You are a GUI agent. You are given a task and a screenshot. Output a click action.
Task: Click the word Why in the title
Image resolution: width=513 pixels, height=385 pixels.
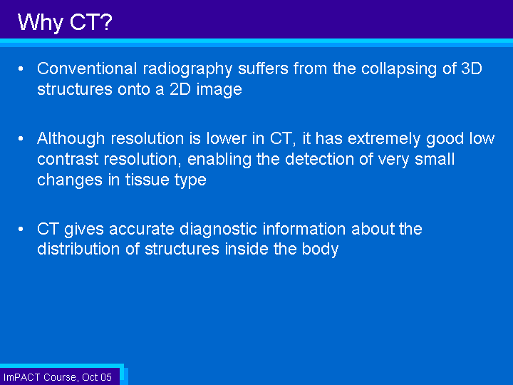click(x=40, y=23)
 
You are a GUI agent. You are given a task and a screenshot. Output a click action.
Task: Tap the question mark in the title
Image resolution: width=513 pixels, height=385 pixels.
click(x=106, y=22)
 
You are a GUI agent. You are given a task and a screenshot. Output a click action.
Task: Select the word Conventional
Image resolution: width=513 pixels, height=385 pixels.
click(x=87, y=68)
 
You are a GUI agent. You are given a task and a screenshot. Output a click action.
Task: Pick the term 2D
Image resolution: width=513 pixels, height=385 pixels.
click(x=180, y=89)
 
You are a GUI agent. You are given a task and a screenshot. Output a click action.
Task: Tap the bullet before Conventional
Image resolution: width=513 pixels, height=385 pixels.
click(x=21, y=68)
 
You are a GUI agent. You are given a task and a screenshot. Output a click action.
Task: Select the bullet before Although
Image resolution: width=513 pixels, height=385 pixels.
click(x=21, y=138)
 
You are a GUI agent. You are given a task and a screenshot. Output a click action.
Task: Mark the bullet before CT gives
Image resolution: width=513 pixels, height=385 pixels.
click(x=21, y=229)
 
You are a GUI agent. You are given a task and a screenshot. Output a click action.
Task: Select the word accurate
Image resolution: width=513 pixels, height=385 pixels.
click(x=142, y=229)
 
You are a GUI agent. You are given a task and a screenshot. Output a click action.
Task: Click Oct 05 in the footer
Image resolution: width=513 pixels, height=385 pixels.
click(x=96, y=377)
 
